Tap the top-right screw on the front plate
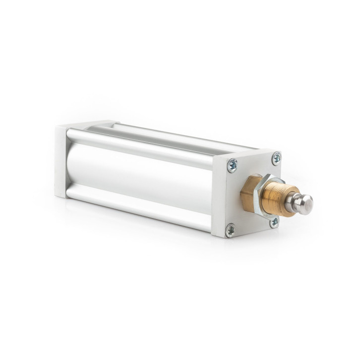[276, 158]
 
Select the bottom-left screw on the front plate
[231, 230]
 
